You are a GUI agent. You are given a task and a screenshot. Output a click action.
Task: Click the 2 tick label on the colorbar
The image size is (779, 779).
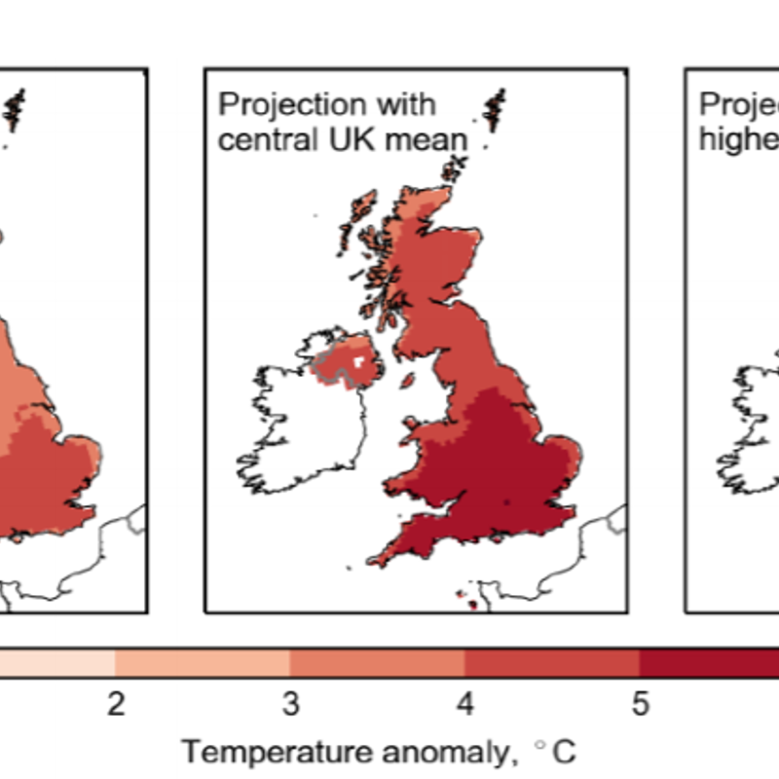coord(116,704)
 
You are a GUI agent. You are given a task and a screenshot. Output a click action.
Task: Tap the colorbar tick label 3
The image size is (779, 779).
coord(290,704)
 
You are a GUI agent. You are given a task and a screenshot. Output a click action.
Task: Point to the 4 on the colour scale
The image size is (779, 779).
coord(465,704)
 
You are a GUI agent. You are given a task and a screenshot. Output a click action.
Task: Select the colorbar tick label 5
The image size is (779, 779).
coord(640,704)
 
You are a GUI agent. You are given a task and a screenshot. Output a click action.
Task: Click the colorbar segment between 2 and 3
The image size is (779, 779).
coord(203,663)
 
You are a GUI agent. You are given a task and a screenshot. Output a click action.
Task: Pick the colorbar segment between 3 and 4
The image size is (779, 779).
coord(378,663)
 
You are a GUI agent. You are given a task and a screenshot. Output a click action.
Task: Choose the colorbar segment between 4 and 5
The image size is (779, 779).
coord(552,663)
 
